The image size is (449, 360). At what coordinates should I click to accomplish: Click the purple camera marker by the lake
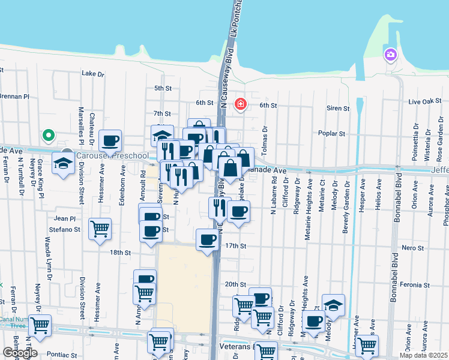(x=391, y=55)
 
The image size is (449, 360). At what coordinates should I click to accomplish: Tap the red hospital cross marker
(x=241, y=104)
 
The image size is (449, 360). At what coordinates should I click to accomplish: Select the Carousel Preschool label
(x=112, y=156)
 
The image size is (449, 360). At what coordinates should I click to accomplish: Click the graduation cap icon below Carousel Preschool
(x=63, y=163)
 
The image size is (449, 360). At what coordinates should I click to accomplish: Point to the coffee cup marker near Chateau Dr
(x=110, y=141)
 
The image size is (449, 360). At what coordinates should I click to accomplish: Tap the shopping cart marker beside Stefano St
(x=100, y=228)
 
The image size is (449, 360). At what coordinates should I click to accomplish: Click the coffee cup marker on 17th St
(x=208, y=239)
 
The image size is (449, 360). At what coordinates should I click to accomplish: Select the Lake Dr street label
(x=92, y=74)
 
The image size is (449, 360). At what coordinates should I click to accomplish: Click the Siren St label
(x=338, y=109)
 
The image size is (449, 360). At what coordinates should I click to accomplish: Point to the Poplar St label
(x=333, y=134)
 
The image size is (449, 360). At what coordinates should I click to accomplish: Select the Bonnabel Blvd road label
(x=397, y=198)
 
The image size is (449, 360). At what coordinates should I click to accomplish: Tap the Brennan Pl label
(x=14, y=96)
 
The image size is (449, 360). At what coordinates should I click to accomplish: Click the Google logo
(x=20, y=352)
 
